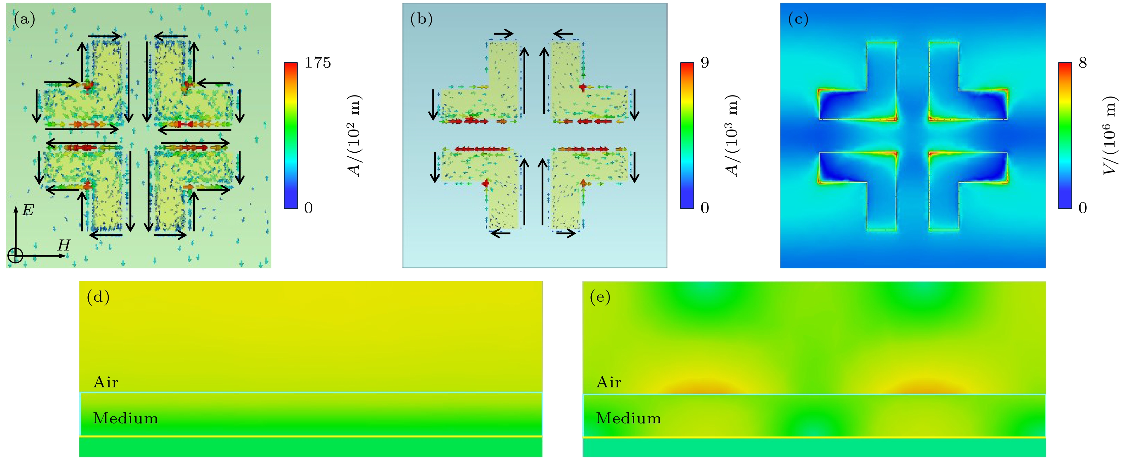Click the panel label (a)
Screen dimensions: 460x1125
25,20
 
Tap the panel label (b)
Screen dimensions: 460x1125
421,20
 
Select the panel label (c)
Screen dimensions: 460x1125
798,20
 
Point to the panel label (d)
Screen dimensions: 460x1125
98,298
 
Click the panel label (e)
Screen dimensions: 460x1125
600,298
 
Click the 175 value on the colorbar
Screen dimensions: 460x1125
317,63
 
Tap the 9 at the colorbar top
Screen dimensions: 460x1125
704,63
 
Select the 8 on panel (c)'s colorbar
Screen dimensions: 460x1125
1082,63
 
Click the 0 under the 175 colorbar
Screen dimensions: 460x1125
308,208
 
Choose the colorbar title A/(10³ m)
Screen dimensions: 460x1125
735,136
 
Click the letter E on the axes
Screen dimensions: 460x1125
28,211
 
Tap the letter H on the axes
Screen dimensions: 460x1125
64,245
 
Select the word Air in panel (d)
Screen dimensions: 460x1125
106,383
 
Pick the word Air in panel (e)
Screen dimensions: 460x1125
608,383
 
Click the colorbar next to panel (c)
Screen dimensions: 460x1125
1065,136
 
